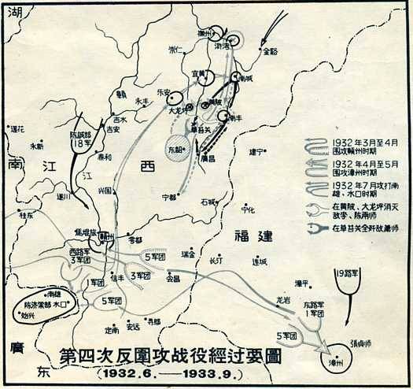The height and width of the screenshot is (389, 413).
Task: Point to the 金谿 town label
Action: (x=271, y=52)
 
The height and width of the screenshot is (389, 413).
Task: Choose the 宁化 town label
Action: (x=249, y=209)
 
